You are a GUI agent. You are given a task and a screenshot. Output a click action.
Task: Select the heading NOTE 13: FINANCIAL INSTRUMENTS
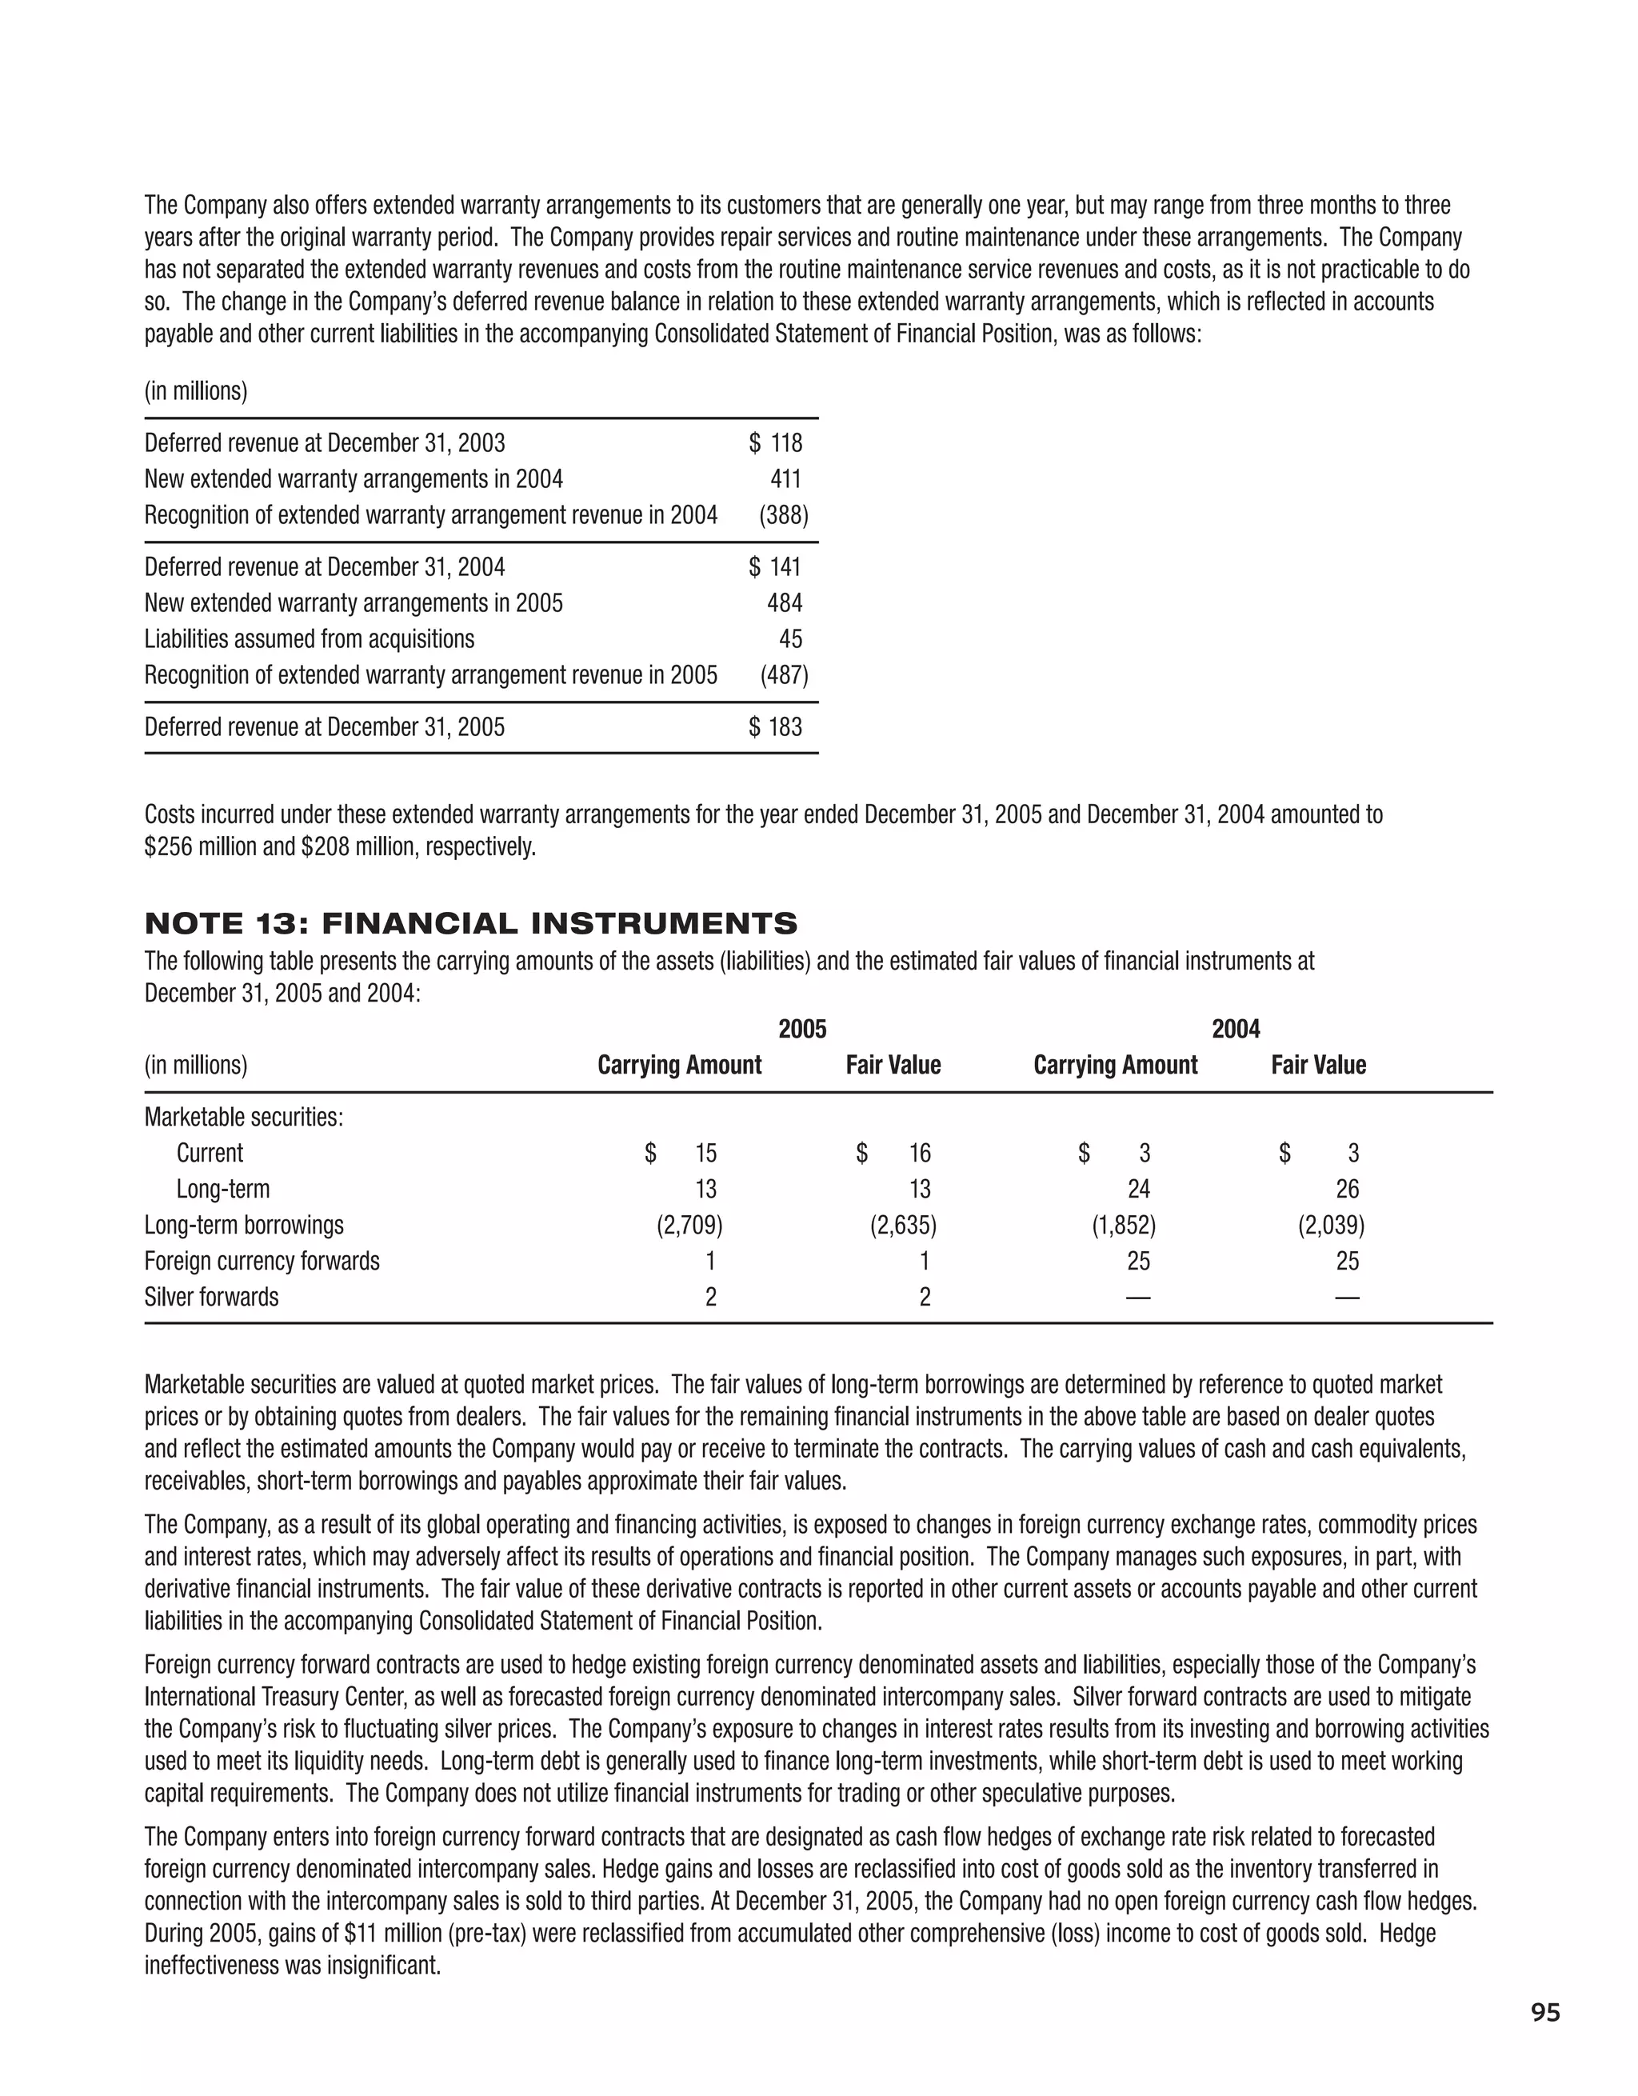coord(470,924)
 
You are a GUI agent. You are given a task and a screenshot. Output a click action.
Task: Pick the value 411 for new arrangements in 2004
coord(786,479)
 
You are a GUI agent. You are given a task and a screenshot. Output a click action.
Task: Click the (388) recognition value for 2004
coord(784,515)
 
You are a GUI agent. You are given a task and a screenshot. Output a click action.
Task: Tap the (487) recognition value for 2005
coord(784,676)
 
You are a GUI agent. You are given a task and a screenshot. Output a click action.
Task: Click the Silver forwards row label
coord(211,1298)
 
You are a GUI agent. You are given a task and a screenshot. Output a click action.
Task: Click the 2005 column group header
coord(802,1030)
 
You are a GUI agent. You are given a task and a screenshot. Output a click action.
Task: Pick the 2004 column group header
coord(1236,1030)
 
